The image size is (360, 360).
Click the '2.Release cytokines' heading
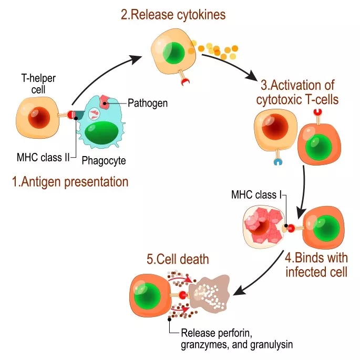tap(173, 15)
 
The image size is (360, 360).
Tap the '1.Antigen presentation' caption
tap(70, 182)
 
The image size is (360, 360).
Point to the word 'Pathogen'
tap(148, 103)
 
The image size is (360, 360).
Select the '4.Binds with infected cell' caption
tap(316, 265)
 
